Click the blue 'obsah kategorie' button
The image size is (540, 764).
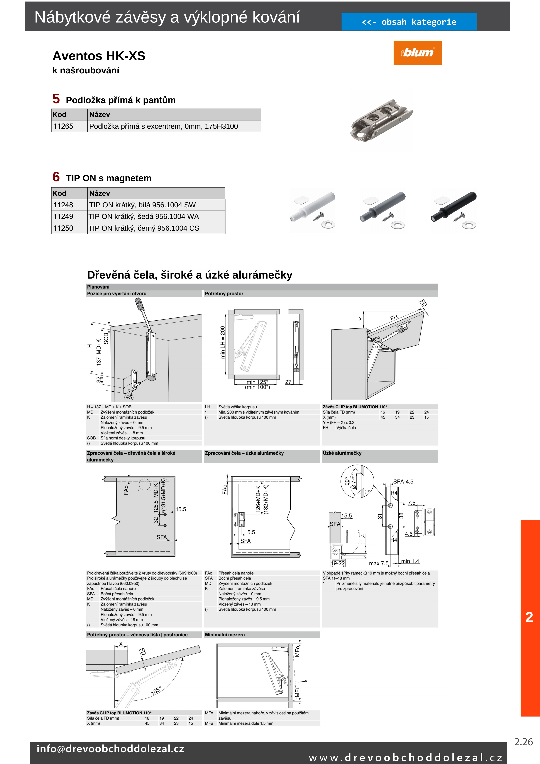(409, 22)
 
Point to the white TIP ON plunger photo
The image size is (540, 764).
(313, 210)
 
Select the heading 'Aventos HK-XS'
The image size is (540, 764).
(99, 56)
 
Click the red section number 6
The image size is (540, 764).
(56, 177)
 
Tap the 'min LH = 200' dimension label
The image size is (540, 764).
(223, 342)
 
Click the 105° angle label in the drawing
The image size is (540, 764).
(156, 690)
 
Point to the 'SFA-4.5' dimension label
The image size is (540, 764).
(403, 482)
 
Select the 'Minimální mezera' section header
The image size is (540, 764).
(225, 635)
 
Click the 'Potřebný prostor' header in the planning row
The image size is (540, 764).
(224, 294)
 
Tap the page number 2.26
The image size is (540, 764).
(523, 742)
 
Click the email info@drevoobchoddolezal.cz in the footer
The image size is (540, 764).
(110, 749)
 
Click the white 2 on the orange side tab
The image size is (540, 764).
(529, 617)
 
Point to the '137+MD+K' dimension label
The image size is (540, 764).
(98, 352)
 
